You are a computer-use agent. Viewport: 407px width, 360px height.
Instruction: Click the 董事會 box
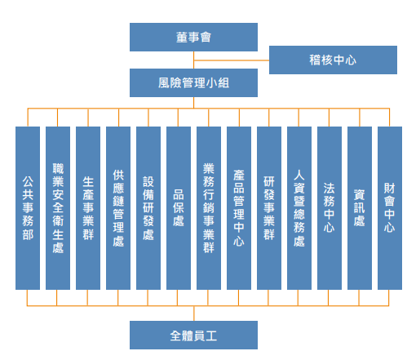tap(193, 37)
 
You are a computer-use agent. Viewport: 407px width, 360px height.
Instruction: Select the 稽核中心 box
tap(333, 60)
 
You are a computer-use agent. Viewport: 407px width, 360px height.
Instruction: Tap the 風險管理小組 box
tap(193, 82)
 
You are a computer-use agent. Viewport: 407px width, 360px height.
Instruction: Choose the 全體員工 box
tap(193, 335)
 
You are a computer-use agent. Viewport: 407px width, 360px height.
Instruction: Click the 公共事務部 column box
tap(28, 208)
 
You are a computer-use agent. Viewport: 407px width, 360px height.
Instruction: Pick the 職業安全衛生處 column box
tap(58, 208)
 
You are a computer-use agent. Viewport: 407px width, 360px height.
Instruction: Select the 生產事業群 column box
tap(88, 208)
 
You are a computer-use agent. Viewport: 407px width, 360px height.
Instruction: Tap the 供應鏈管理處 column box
tap(118, 208)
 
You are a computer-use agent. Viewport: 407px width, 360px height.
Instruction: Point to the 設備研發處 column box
tap(148, 208)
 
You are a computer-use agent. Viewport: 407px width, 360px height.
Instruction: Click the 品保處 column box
tap(179, 208)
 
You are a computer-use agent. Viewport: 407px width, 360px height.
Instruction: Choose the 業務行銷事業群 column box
tap(209, 208)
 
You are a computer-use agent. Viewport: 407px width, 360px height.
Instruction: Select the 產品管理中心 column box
tap(239, 208)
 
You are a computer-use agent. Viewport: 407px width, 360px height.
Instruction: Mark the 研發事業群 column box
tap(269, 208)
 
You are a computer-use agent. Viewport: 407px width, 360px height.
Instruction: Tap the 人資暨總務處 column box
tap(299, 208)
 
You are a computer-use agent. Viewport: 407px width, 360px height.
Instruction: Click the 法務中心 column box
tap(330, 208)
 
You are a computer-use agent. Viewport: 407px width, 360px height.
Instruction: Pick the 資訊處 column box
tap(360, 208)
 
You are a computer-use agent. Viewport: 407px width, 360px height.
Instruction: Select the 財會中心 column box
tap(390, 208)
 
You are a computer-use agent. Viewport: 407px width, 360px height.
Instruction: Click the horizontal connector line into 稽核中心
tap(232, 60)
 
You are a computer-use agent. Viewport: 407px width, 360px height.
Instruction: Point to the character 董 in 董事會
tap(182, 38)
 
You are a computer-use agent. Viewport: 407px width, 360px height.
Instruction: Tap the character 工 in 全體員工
tap(211, 336)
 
